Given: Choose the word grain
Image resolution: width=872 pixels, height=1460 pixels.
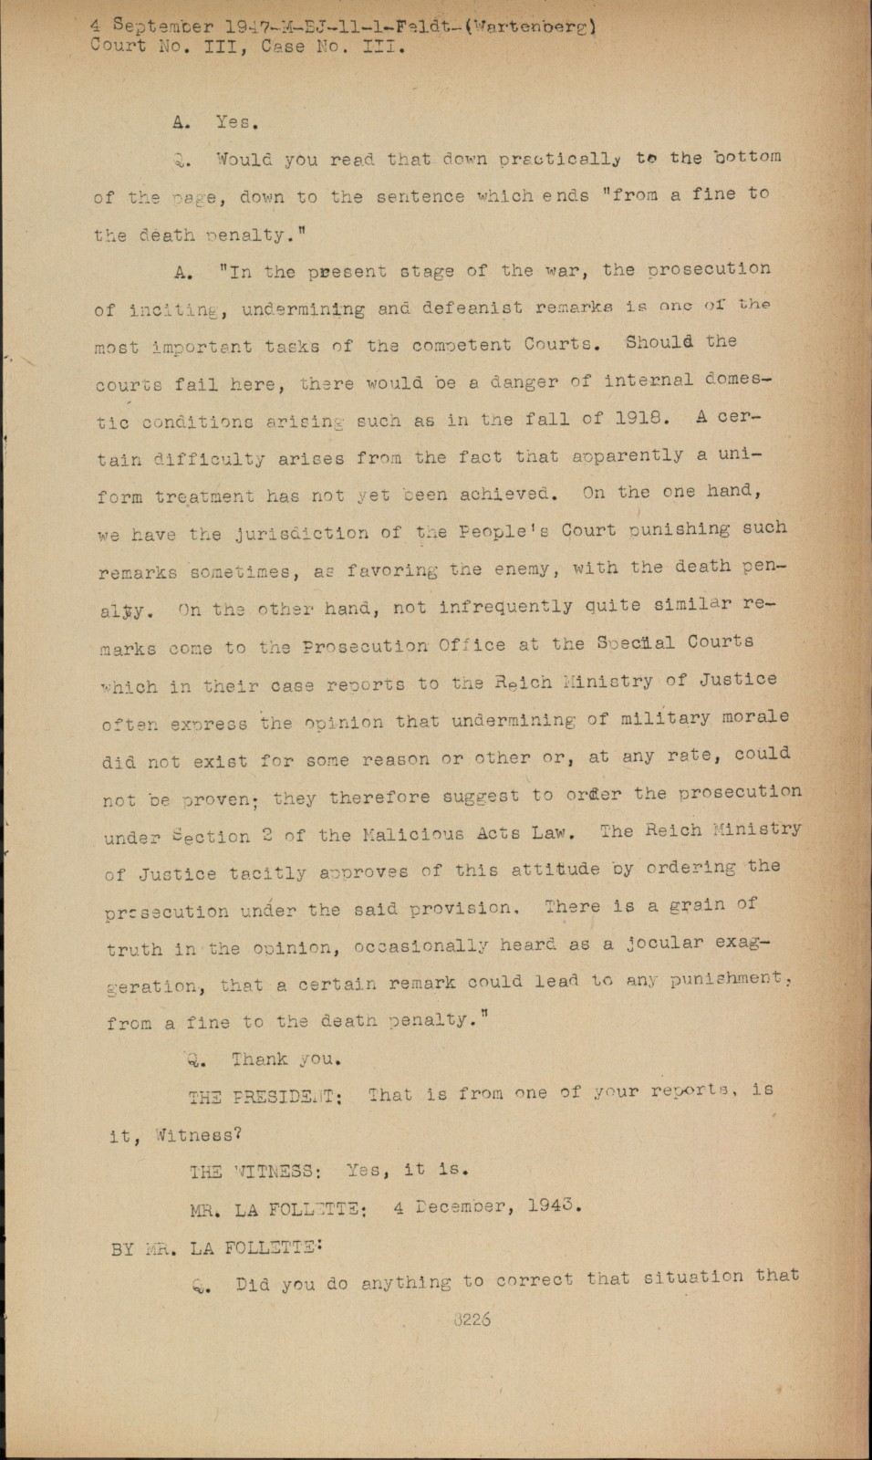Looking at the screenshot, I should (690, 905).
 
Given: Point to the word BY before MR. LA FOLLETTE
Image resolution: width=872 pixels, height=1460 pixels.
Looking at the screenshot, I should (123, 1248).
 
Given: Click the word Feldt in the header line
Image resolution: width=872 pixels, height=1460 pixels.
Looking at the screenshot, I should (431, 26).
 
